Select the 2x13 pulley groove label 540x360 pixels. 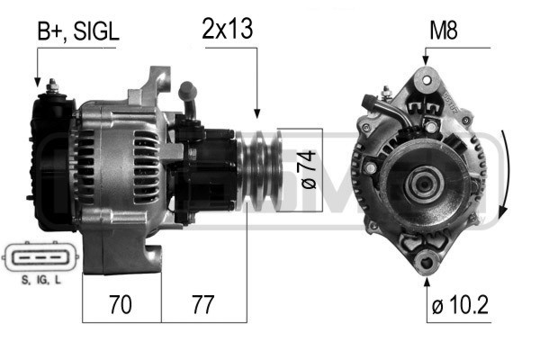pyautogui.click(x=228, y=29)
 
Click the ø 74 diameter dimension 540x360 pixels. pyautogui.click(x=308, y=169)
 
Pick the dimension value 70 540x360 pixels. pyautogui.click(x=119, y=305)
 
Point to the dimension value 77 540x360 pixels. pyautogui.click(x=202, y=305)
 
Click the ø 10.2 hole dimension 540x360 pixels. pyautogui.click(x=459, y=306)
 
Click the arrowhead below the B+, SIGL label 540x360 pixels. pyautogui.click(x=38, y=79)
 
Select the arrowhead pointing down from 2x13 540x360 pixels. pyautogui.click(x=257, y=112)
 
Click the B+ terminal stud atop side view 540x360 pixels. pyautogui.click(x=53, y=86)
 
